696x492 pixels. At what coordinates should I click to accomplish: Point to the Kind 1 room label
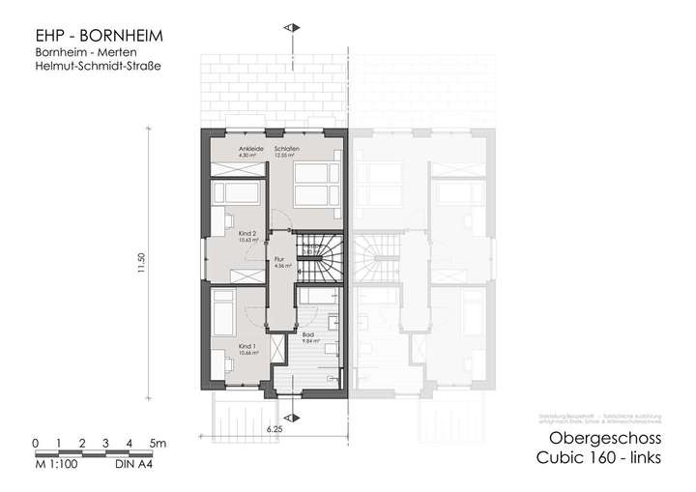coord(247,346)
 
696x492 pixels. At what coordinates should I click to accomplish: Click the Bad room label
coord(307,334)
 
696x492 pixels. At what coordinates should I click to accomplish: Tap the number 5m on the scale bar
coord(157,443)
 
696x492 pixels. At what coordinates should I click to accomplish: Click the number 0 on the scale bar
coord(35,443)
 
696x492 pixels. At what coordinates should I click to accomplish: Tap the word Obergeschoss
coord(600,438)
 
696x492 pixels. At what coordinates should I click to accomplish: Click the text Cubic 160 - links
coord(599,460)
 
